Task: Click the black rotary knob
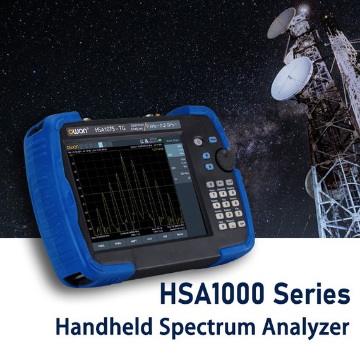(x=225, y=159)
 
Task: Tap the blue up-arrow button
(x=207, y=155)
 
